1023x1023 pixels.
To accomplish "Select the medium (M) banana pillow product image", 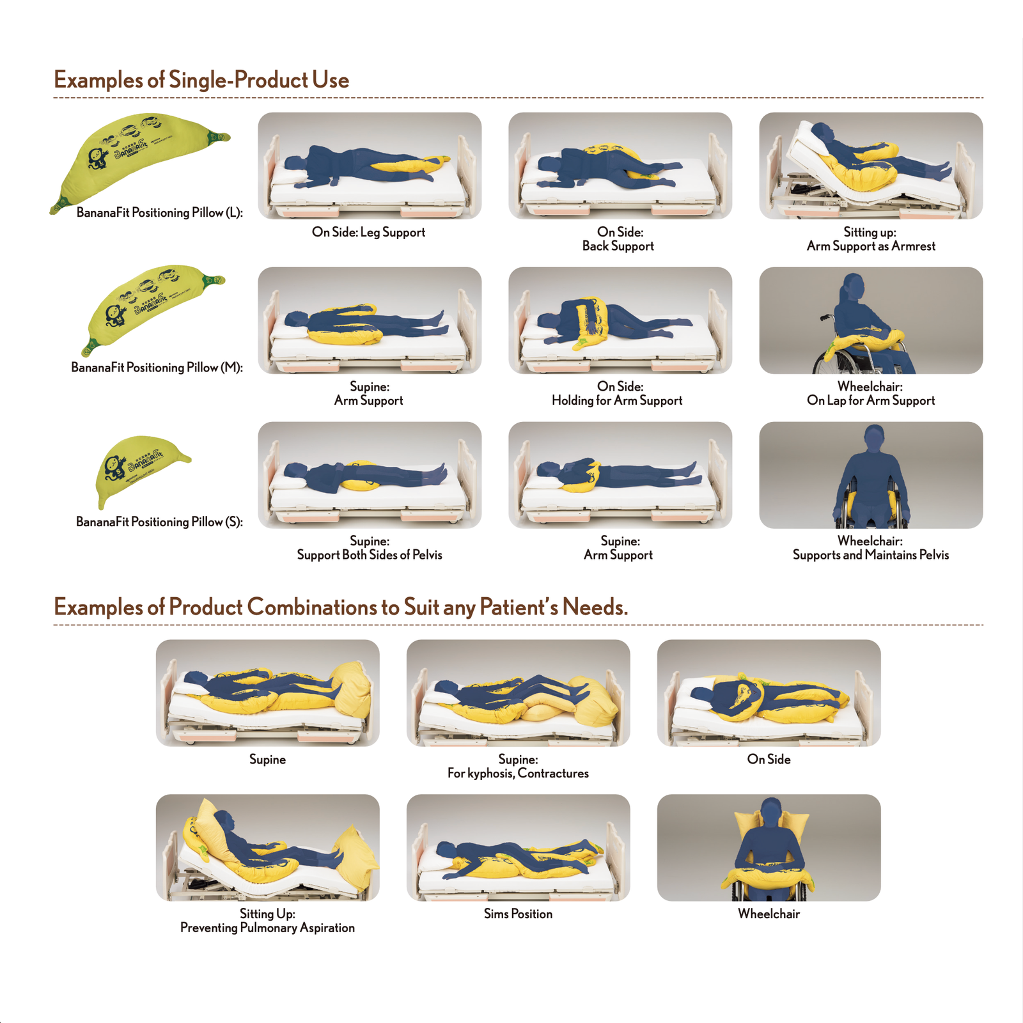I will tap(150, 307).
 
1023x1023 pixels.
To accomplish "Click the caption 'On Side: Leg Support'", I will tap(368, 232).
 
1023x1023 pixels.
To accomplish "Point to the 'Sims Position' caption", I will tap(518, 914).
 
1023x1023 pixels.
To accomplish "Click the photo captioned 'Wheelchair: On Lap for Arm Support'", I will tap(871, 320).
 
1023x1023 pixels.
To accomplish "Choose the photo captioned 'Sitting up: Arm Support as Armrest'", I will tap(871, 166).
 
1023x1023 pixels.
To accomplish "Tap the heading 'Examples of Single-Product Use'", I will tap(201, 80).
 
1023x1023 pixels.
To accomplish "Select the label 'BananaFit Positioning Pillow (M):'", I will tap(157, 368).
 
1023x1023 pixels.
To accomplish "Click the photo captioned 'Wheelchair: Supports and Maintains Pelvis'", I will tap(871, 475).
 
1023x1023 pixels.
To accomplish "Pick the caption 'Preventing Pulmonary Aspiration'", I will tap(267, 928).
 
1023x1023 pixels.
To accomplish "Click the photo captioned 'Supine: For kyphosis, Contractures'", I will tap(518, 693).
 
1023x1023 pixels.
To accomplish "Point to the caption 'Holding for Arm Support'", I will tap(617, 400).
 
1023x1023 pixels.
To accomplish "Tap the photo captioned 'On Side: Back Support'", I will tap(620, 166).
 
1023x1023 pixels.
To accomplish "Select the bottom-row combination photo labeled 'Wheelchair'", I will tap(769, 848).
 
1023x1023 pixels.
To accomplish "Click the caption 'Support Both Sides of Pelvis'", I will tap(370, 555).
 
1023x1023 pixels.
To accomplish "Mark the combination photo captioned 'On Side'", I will tap(769, 693).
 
